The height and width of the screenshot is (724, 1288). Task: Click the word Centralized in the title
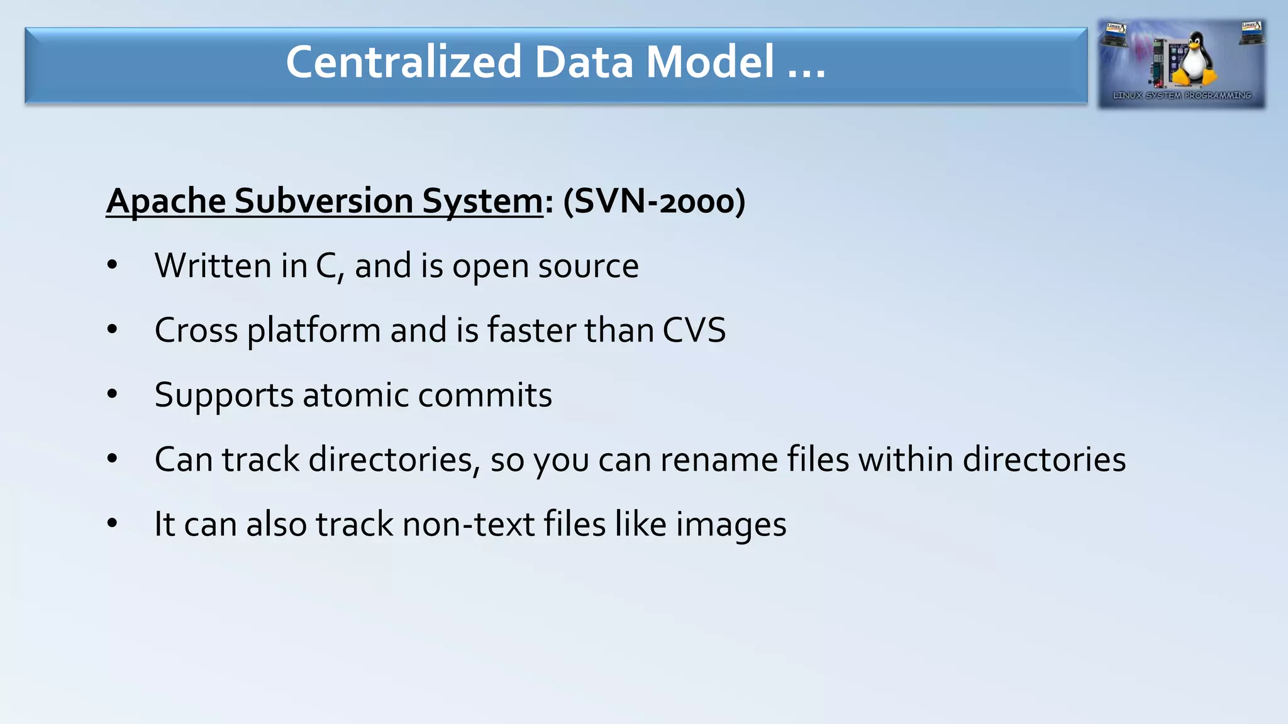[404, 62]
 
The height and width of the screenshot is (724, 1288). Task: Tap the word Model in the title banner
[710, 62]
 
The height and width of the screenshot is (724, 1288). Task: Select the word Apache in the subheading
[166, 201]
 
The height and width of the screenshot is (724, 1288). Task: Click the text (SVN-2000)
[654, 201]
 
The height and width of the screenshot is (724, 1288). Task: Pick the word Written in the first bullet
[213, 266]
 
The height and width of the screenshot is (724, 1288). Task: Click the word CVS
[694, 331]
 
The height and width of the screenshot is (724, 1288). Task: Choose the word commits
[485, 395]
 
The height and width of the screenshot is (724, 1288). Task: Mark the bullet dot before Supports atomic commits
[113, 395]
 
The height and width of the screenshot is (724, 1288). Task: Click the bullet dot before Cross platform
[113, 330]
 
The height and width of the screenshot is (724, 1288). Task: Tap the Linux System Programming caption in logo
[1182, 96]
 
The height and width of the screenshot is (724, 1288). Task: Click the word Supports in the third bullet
[224, 396]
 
